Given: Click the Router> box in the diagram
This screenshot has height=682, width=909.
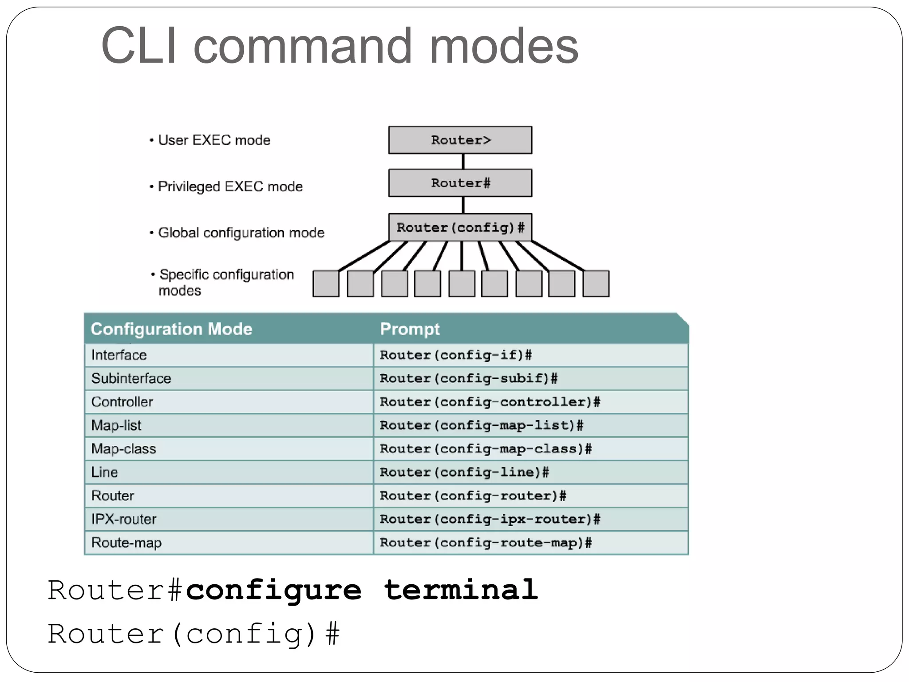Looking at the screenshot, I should tap(460, 140).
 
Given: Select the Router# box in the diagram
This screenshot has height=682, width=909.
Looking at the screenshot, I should tap(460, 183).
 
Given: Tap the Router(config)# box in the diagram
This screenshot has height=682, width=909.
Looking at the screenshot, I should tap(460, 227).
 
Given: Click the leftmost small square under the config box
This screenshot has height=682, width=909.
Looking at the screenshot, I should tap(326, 284).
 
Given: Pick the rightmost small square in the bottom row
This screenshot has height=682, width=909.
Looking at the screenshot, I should tap(596, 284).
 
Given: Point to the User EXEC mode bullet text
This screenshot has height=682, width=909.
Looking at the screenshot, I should tap(214, 140).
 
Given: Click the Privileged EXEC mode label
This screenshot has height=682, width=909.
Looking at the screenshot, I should tap(230, 186).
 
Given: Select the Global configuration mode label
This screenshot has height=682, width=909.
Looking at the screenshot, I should tap(241, 233).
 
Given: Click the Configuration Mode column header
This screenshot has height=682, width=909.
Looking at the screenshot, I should tap(171, 329).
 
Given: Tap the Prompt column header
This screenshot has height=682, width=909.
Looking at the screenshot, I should tap(410, 329).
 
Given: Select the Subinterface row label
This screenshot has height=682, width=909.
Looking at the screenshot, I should tap(131, 378).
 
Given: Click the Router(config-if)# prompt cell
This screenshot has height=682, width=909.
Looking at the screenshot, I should tap(456, 355).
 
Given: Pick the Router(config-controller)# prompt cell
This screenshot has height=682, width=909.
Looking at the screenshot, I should tap(490, 402).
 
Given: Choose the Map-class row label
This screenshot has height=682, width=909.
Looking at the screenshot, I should tap(123, 449).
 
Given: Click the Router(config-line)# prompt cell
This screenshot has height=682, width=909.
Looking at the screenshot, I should tap(464, 472).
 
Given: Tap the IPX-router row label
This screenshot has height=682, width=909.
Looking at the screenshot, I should tap(124, 519).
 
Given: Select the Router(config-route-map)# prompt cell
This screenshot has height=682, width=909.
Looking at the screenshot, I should tap(486, 543).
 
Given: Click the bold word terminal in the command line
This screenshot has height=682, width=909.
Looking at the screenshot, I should tap(461, 590).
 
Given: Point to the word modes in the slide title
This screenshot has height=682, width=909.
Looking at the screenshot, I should tap(504, 46).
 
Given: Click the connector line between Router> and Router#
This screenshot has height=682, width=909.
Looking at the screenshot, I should tap(463, 162).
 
